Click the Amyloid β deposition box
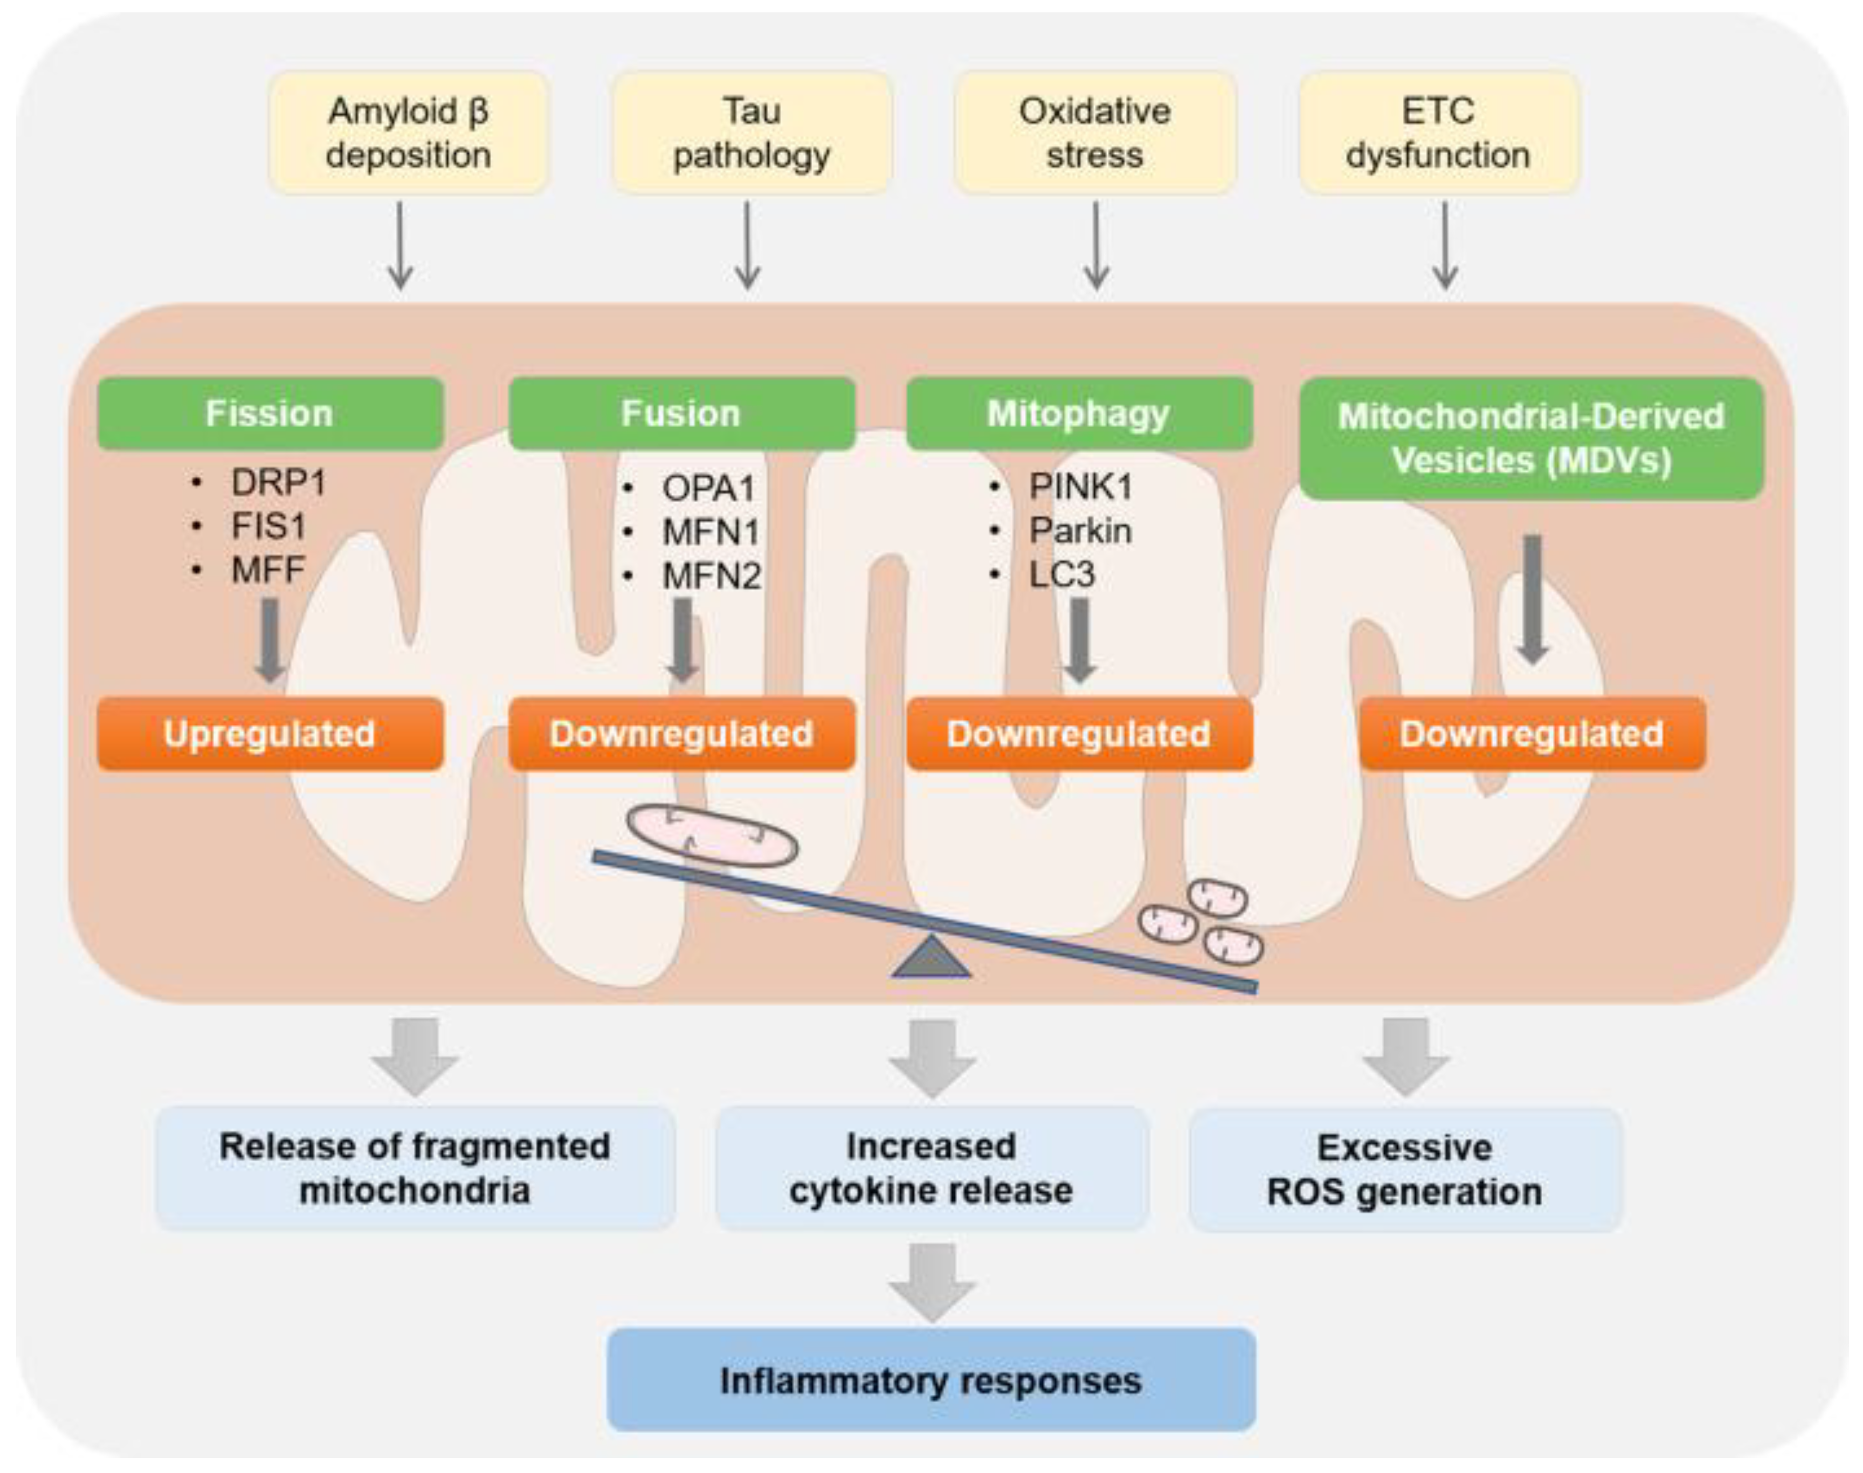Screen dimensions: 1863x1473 pos(409,133)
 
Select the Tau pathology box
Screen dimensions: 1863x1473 pos(751,133)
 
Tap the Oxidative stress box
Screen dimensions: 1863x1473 pos(1095,133)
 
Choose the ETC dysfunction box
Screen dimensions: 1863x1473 pos(1438,133)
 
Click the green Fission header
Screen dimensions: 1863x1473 pos(270,413)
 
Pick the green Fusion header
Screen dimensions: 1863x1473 pos(682,413)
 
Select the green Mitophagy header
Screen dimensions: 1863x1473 pos(1079,413)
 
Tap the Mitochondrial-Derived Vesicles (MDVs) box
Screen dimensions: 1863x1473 pos(1531,438)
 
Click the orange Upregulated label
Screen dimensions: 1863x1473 pos(270,734)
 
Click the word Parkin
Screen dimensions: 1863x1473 pos(1080,530)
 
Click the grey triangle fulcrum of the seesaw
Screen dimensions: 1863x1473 pos(932,959)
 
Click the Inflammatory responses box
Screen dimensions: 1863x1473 pos(932,1380)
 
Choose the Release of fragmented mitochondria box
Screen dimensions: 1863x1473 pos(415,1169)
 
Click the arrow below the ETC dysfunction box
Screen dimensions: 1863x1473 pos(1445,246)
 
